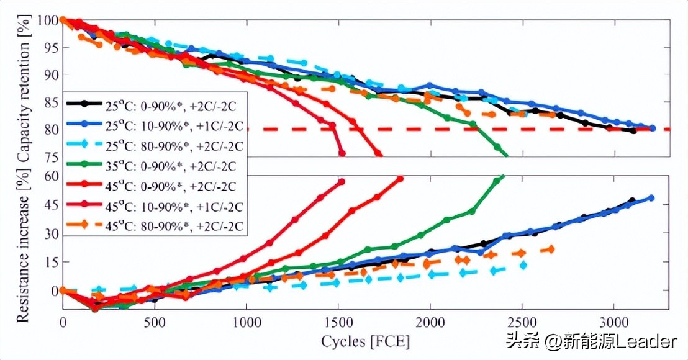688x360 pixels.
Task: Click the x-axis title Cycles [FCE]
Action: tap(366, 341)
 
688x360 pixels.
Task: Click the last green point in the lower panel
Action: tap(502, 177)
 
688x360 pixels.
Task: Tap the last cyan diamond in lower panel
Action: tap(523, 265)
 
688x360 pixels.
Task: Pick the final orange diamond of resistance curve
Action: tap(551, 249)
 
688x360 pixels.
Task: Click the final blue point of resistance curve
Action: tap(651, 198)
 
